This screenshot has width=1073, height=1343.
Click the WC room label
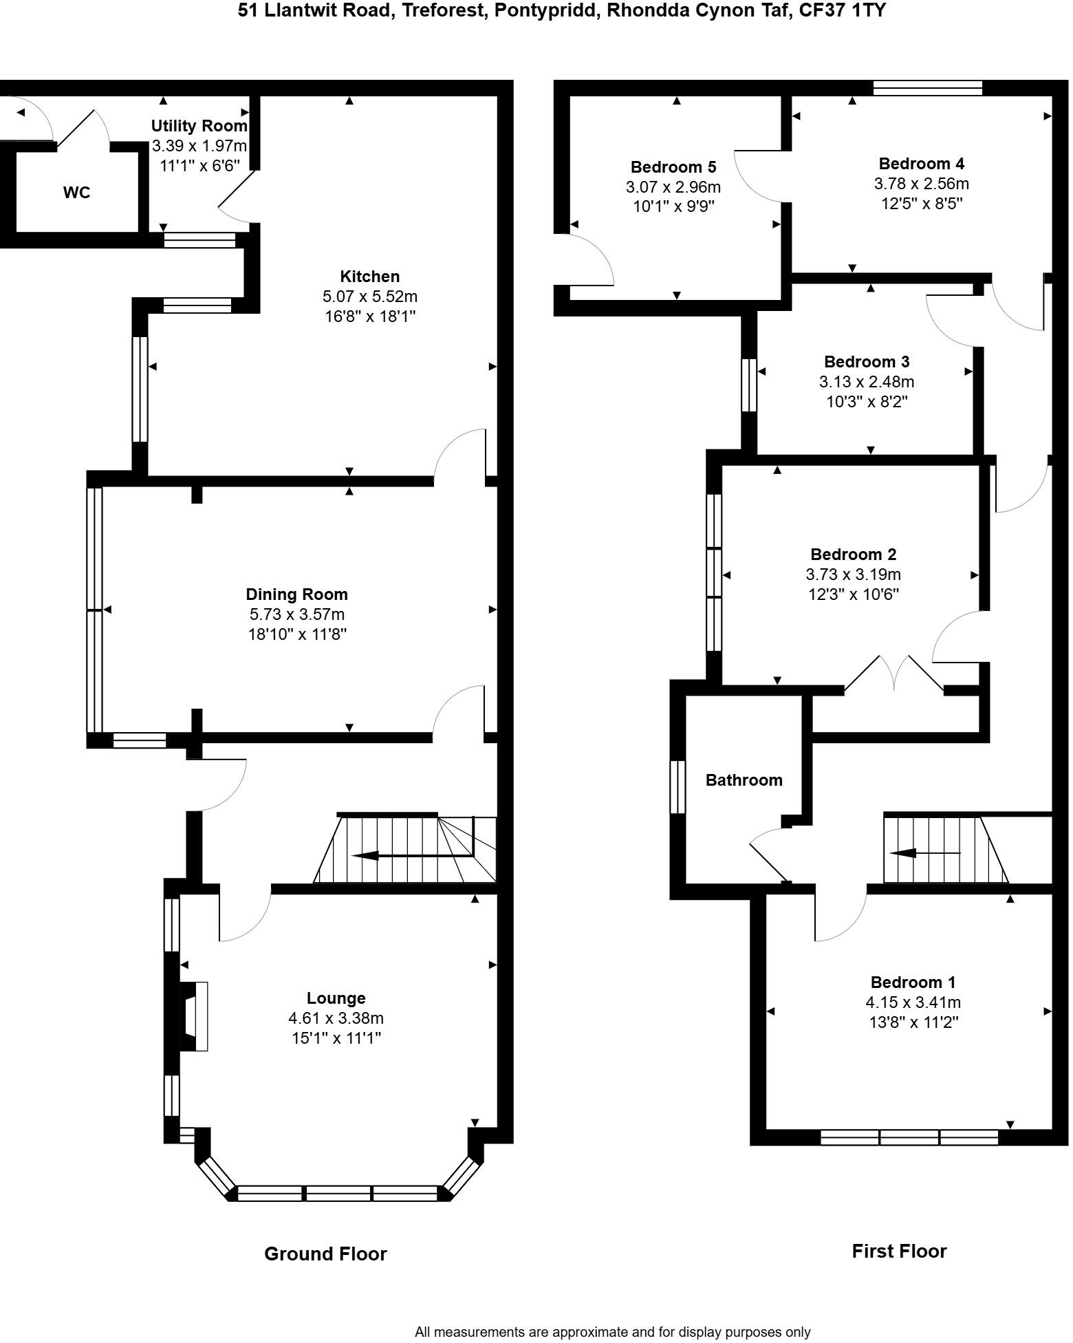click(x=76, y=193)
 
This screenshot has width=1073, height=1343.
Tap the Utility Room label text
click(x=199, y=126)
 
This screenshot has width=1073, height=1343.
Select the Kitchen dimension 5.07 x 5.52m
click(x=369, y=297)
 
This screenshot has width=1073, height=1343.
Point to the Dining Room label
click(x=296, y=594)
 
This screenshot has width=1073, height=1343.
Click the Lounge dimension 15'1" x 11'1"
click(x=336, y=1038)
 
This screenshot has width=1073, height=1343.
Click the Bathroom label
click(x=744, y=780)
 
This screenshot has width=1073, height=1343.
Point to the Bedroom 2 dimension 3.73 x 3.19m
click(x=853, y=574)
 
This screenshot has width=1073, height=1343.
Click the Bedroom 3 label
click(x=867, y=361)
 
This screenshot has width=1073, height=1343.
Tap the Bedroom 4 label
click(x=921, y=164)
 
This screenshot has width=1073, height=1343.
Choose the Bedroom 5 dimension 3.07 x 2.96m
click(x=673, y=186)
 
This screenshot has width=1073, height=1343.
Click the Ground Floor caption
click(x=325, y=1254)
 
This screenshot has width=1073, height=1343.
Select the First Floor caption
click(x=899, y=1251)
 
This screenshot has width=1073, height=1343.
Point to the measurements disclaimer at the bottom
click(x=612, y=1332)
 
